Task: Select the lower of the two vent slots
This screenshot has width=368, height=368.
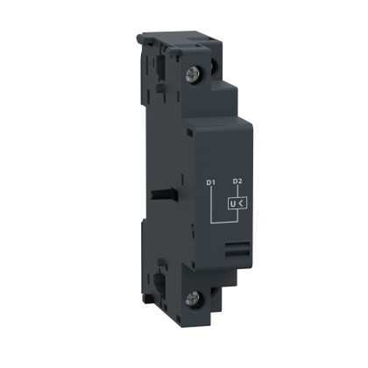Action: tap(238, 255)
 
